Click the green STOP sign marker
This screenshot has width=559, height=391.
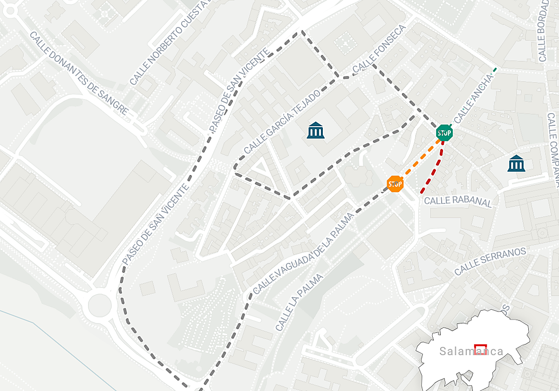pos(444,133)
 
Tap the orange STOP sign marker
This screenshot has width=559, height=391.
pos(395,184)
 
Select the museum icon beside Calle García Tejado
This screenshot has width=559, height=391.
pos(316,130)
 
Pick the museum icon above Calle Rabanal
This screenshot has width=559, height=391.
pos(516,163)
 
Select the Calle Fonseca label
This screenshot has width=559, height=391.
pos(380,49)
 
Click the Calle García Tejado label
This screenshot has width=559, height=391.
pos(282,122)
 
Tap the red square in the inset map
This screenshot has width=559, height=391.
pos(480,349)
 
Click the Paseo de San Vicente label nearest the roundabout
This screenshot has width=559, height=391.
pos(156,224)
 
